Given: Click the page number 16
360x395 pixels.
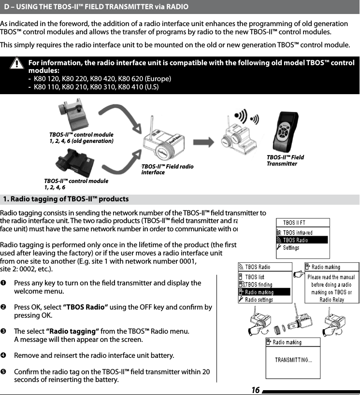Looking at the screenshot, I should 255,390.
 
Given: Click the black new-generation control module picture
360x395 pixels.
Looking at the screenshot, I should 72,163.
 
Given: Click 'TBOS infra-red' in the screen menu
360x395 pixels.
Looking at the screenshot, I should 297,233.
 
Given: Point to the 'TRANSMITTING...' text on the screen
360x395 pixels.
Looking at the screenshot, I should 293,360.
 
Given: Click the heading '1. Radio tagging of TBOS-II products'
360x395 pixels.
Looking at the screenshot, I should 66,199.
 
